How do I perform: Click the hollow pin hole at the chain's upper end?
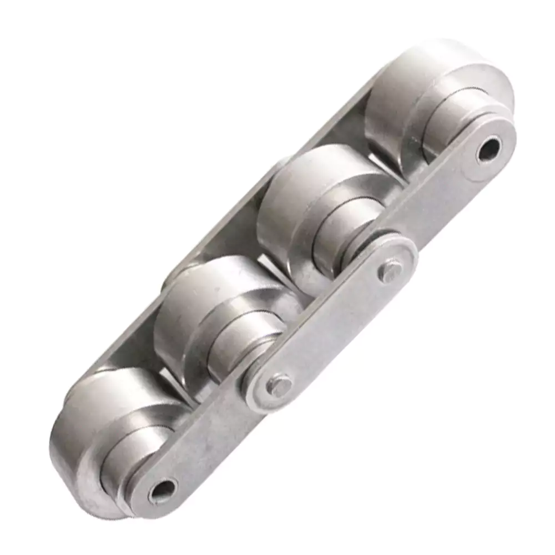click(489, 149)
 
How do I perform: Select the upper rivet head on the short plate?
click(390, 271)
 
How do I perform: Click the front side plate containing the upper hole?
click(444, 200)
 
